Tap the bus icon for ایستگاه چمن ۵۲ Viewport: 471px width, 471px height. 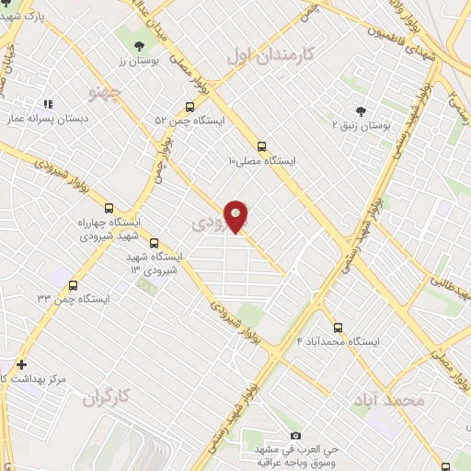tap(189, 106)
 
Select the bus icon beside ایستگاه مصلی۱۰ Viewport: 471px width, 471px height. tap(263, 145)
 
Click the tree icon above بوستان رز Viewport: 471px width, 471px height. tap(138, 45)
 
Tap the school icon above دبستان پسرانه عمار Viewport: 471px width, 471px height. tap(48, 105)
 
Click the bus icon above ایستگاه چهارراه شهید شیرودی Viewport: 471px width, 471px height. tap(109, 208)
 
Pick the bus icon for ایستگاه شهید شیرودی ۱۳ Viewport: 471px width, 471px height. tap(153, 243)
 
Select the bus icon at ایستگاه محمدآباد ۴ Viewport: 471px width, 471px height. tap(338, 327)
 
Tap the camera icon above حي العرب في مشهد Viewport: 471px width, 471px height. tap(295, 435)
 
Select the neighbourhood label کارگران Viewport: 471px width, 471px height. tap(108, 398)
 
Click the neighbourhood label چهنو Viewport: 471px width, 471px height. tap(104, 93)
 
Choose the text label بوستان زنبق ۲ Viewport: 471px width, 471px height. tap(362, 123)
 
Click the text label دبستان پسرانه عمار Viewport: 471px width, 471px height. tap(47, 119)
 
